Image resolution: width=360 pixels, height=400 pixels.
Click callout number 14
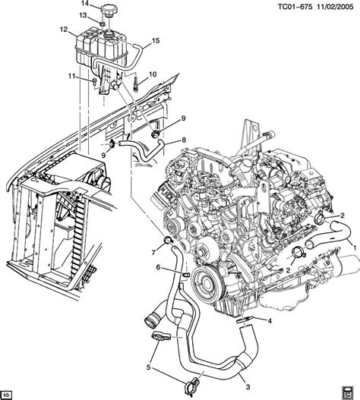[85, 5]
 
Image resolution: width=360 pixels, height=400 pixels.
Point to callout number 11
[72, 77]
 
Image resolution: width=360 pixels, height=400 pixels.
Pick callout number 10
[152, 74]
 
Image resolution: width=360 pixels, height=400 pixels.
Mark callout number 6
[158, 267]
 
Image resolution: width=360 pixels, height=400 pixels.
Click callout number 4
[270, 321]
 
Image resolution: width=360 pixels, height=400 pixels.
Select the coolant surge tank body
[95, 53]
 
